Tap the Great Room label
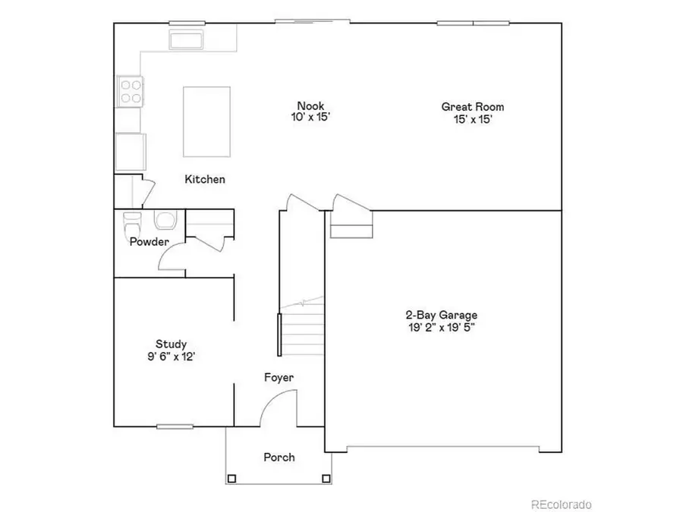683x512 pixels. pyautogui.click(x=472, y=107)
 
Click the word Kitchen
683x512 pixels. pyautogui.click(x=205, y=180)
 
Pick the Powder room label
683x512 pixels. pyautogui.click(x=149, y=242)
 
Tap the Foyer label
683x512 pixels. pyautogui.click(x=279, y=377)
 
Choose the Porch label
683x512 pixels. pyautogui.click(x=279, y=457)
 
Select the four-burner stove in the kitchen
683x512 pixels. pyautogui.click(x=130, y=91)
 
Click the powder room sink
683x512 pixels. pyautogui.click(x=164, y=220)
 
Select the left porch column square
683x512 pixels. pyautogui.click(x=231, y=479)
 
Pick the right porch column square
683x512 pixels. pyautogui.click(x=326, y=479)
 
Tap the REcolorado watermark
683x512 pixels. pyautogui.click(x=561, y=504)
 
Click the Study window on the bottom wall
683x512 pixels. pyautogui.click(x=175, y=426)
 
